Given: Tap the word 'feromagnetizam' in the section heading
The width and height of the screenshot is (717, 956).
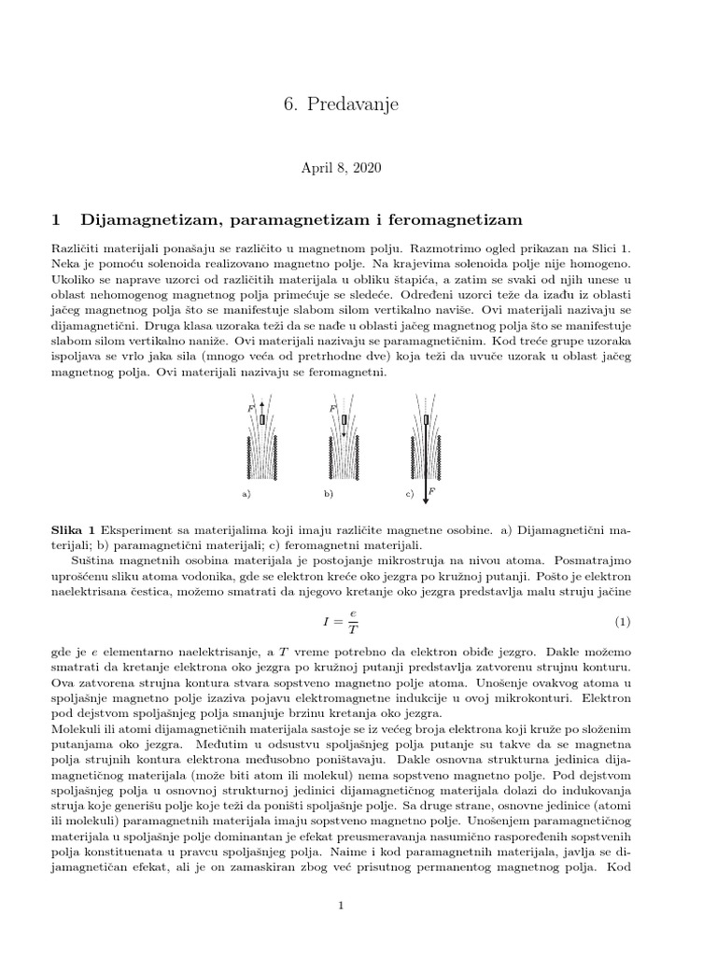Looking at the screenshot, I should [448, 220].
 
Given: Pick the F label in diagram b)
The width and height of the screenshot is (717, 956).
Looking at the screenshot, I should [331, 409].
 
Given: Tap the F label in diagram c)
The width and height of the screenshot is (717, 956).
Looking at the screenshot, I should [433, 489].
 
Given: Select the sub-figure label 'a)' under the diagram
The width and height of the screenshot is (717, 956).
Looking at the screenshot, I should [246, 492].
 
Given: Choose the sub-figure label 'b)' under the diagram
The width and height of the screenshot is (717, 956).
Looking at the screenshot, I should [328, 492].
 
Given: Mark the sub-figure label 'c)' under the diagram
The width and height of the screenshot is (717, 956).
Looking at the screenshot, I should [410, 492].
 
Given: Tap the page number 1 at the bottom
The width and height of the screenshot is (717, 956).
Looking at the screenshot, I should [342, 905].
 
